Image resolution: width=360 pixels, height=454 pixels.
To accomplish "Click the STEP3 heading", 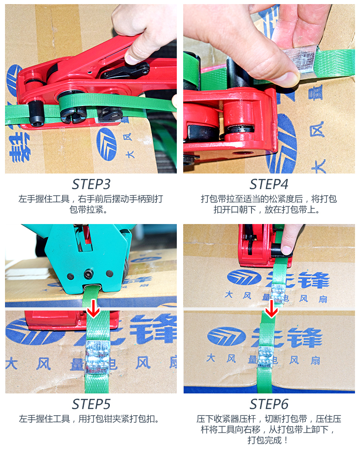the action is coord(91,184).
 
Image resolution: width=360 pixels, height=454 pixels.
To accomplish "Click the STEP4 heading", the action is coord(269,184).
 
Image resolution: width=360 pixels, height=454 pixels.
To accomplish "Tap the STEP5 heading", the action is coord(91,404).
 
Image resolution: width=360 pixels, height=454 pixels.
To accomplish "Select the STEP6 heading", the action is coord(269,404).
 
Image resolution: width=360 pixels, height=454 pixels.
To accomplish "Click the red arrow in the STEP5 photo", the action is coord(93,309).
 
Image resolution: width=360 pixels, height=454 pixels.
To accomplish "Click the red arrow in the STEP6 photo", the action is coord(271,309).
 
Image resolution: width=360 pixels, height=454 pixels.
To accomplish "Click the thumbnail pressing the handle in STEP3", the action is coord(132,59).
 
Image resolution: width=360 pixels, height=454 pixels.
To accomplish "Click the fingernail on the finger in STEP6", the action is coord(286,249).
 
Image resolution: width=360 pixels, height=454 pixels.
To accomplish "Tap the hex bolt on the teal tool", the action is coord(88,273).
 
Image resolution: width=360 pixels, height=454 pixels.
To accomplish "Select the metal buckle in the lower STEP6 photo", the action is coord(265,357).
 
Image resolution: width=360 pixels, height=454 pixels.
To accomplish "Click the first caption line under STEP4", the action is coord(269,199).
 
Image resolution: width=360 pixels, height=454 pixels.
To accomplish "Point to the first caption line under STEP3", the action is coord(91,199).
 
